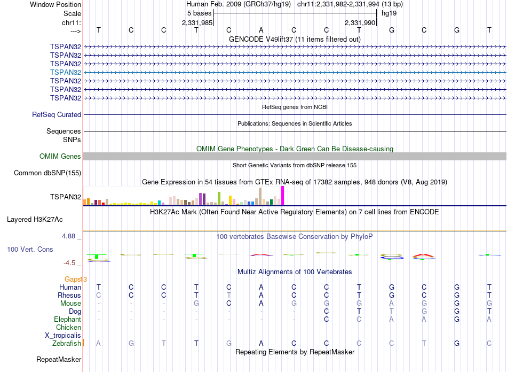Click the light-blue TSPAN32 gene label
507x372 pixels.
[x=66, y=72]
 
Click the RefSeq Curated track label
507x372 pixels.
[x=57, y=114]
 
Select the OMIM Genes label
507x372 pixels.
[x=60, y=157]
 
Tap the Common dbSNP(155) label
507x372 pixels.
[x=47, y=173]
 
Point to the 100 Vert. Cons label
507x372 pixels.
[x=30, y=250]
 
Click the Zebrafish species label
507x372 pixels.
[x=67, y=343]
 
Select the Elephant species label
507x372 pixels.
[x=67, y=319]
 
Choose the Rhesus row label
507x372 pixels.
[x=69, y=295]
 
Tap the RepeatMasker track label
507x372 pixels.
[x=59, y=359]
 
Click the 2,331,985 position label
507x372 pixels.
[x=197, y=22]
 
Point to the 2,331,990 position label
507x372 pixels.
[x=360, y=22]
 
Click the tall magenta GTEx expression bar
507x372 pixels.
[x=282, y=196]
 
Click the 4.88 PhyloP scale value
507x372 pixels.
[x=70, y=236]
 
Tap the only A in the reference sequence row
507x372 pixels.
[x=261, y=30]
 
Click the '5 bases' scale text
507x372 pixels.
[x=199, y=13]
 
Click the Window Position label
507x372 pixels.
[x=56, y=4]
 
